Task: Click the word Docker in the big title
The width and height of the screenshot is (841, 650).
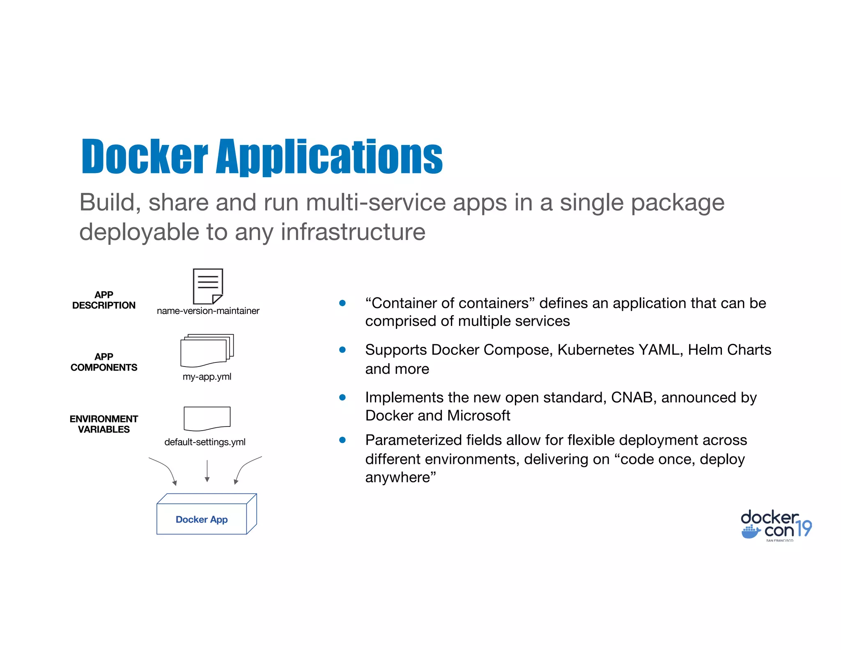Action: tap(145, 157)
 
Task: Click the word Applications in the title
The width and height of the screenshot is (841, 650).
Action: tap(329, 157)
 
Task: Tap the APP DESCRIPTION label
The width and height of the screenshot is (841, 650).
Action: tap(103, 300)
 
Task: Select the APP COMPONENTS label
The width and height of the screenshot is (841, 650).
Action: tap(103, 362)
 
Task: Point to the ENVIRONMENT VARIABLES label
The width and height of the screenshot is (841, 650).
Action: tap(103, 424)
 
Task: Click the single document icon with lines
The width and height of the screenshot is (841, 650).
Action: tap(208, 286)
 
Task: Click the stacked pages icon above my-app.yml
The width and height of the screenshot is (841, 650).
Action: tap(207, 350)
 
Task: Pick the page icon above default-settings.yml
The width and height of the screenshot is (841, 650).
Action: tap(207, 418)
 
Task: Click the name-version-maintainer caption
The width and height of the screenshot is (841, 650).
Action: tap(208, 311)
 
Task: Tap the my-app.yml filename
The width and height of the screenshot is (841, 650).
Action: tap(207, 377)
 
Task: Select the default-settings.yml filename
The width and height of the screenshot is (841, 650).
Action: tap(205, 442)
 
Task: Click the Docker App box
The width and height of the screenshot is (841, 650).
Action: tap(202, 519)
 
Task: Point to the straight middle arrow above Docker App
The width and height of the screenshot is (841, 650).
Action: tap(207, 470)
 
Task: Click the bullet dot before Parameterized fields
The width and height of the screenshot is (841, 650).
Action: tap(342, 440)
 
